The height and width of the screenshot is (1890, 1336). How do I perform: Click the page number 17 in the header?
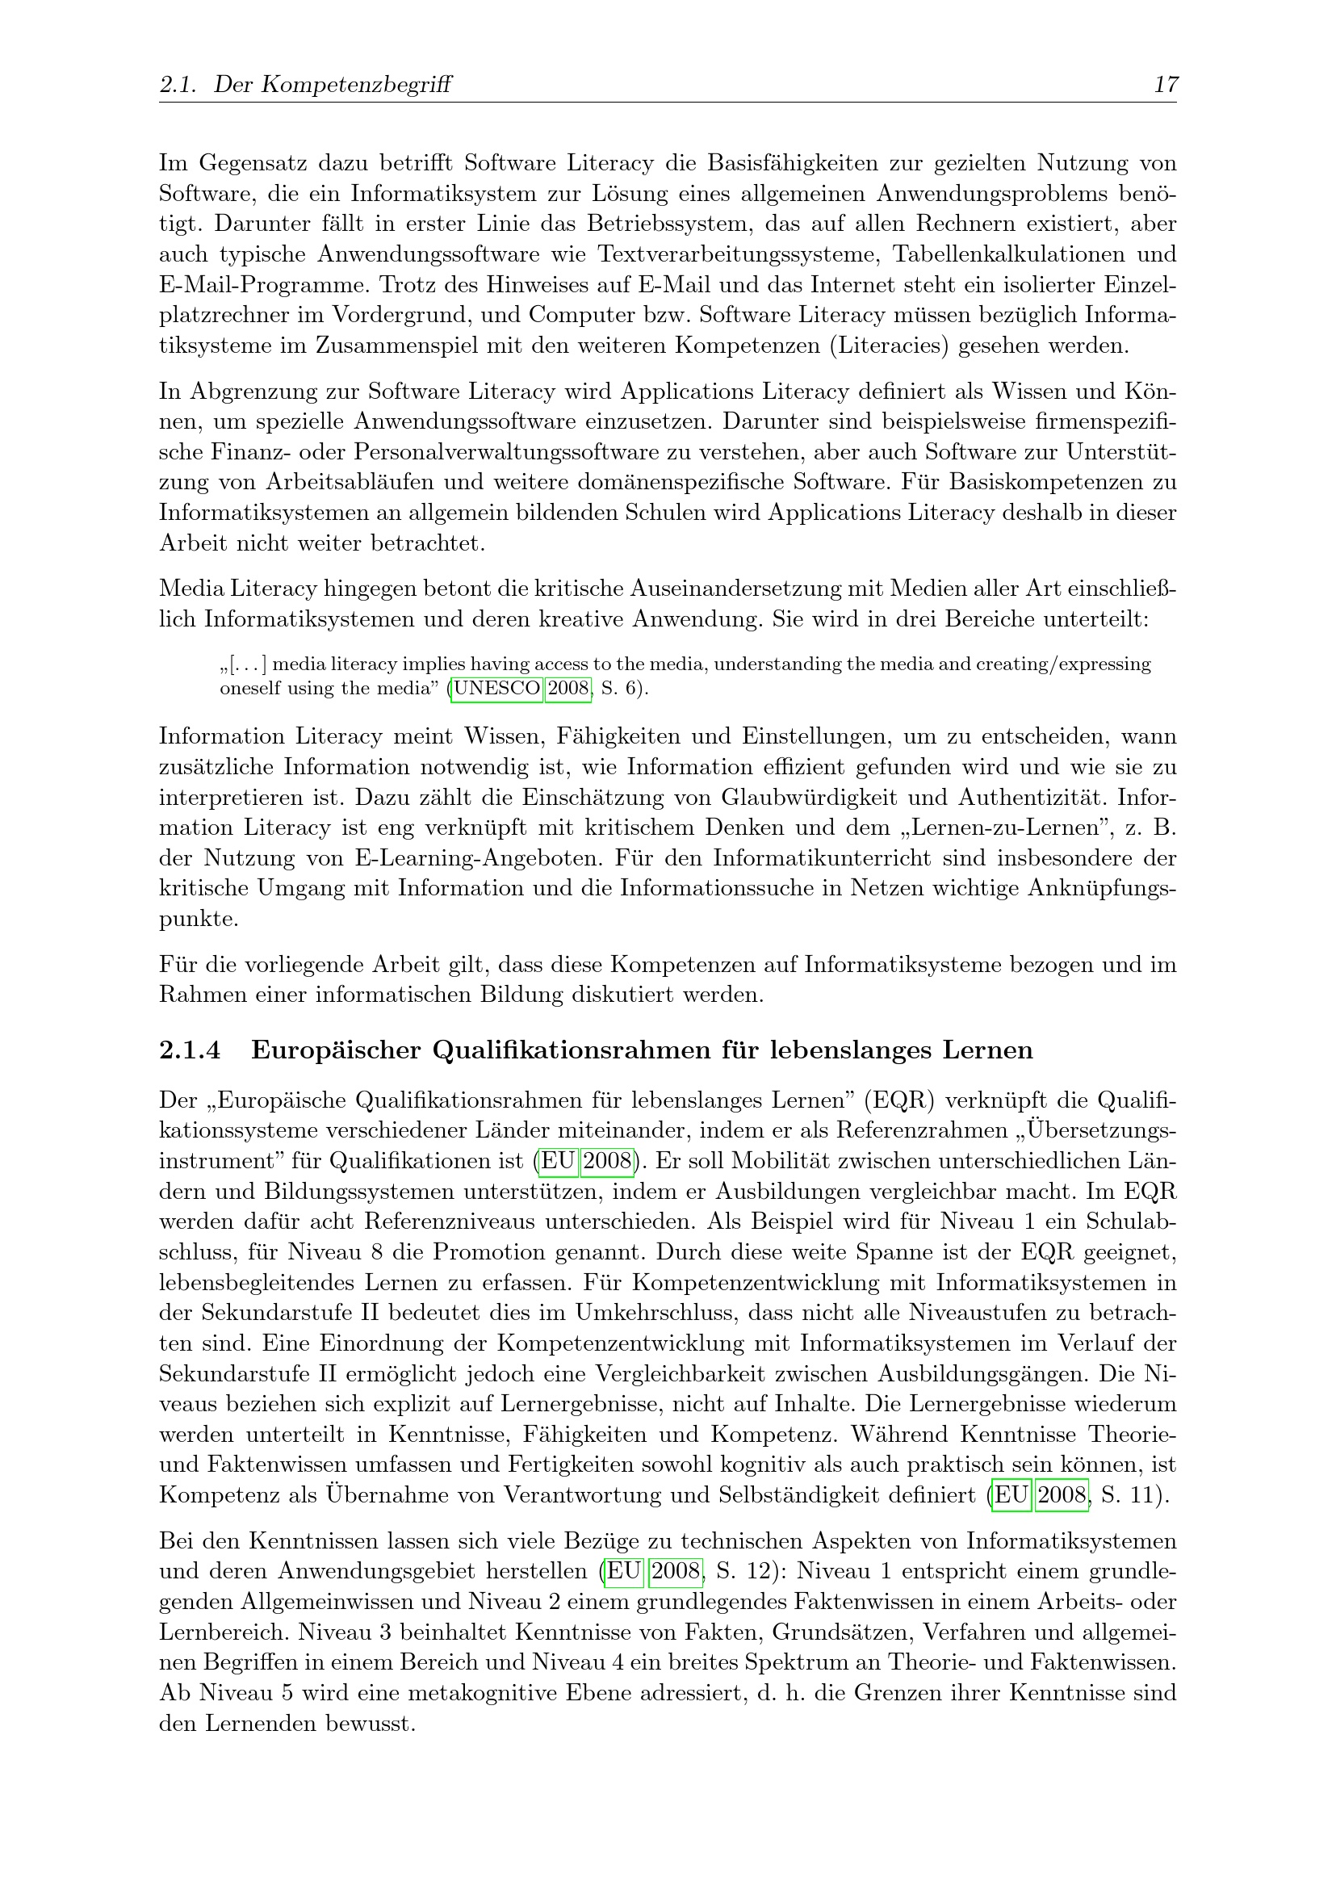click(x=1166, y=84)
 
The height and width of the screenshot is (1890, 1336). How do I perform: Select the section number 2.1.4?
click(x=191, y=1050)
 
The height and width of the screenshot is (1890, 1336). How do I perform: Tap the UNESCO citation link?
click(x=496, y=688)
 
